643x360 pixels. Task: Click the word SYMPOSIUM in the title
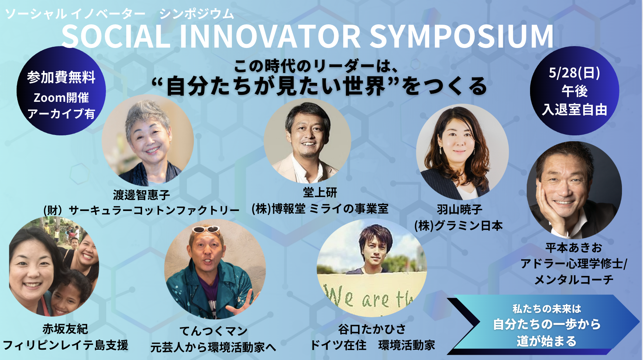[461, 37]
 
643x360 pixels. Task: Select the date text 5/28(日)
[574, 73]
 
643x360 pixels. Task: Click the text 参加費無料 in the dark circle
[61, 77]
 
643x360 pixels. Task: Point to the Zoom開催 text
[61, 98]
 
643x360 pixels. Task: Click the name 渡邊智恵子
[141, 195]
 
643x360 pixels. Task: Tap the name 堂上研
[320, 192]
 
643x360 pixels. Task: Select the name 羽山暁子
[460, 210]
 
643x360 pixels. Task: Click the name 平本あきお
[574, 247]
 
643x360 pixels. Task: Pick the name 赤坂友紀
[65, 329]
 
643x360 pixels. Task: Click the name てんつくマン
[213, 331]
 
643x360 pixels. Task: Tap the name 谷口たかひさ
[372, 329]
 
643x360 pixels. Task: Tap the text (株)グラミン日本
[458, 225]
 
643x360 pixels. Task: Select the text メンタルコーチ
[574, 280]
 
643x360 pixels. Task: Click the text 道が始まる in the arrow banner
[546, 341]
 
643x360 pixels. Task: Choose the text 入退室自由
[575, 110]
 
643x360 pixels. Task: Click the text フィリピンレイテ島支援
[65, 345]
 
